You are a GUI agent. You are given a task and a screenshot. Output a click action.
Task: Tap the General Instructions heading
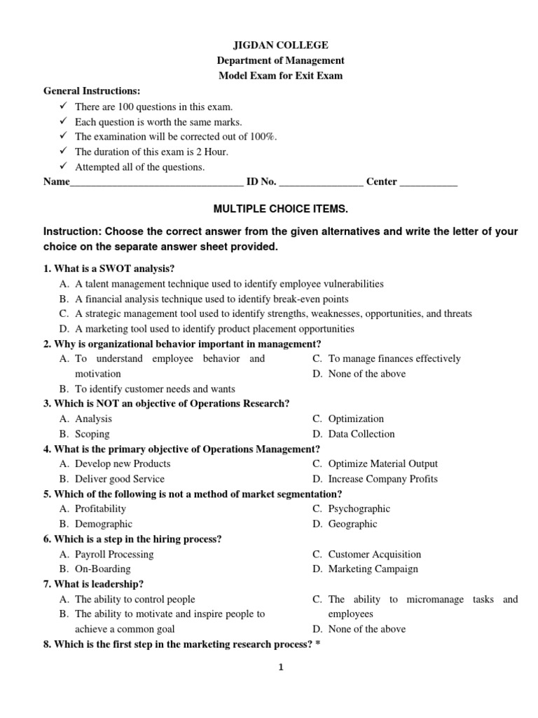92,91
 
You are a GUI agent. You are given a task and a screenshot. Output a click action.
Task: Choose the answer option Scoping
92,434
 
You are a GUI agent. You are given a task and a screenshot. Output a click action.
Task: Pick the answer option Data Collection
361,434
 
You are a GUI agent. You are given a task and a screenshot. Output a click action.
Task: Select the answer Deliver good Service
120,479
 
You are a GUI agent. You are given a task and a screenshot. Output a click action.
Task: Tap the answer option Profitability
101,509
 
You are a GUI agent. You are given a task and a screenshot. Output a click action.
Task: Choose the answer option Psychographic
359,509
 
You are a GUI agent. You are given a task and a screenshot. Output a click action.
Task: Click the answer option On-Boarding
103,569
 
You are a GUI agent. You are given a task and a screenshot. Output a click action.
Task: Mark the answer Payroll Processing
114,554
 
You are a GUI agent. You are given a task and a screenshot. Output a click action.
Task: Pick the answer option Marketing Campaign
373,569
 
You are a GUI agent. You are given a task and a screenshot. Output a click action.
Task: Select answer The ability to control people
135,600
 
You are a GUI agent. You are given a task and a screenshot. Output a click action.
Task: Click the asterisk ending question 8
317,644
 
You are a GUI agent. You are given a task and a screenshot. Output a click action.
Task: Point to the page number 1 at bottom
280,668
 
